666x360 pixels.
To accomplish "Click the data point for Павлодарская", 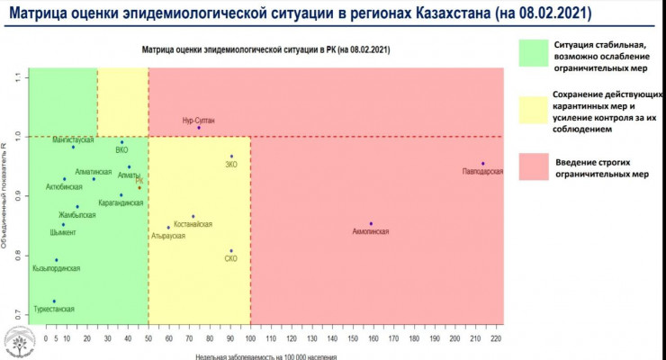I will [483, 164].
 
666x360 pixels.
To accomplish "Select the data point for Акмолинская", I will [371, 224].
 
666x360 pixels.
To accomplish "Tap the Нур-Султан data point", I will [199, 128].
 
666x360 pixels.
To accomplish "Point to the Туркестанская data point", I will [54, 301].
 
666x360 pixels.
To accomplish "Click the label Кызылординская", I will [57, 268].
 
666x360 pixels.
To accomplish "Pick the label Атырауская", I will [168, 236].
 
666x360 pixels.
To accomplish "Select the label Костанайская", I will [193, 222].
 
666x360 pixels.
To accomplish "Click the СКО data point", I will [231, 251].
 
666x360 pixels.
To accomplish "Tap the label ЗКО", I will [230, 165].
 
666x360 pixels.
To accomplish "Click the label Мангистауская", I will [74, 140].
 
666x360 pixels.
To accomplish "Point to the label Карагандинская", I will [121, 203].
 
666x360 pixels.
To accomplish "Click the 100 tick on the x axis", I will [251, 338].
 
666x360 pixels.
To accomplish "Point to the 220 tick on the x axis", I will [496, 338].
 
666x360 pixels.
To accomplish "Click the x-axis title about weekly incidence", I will [269, 355].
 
